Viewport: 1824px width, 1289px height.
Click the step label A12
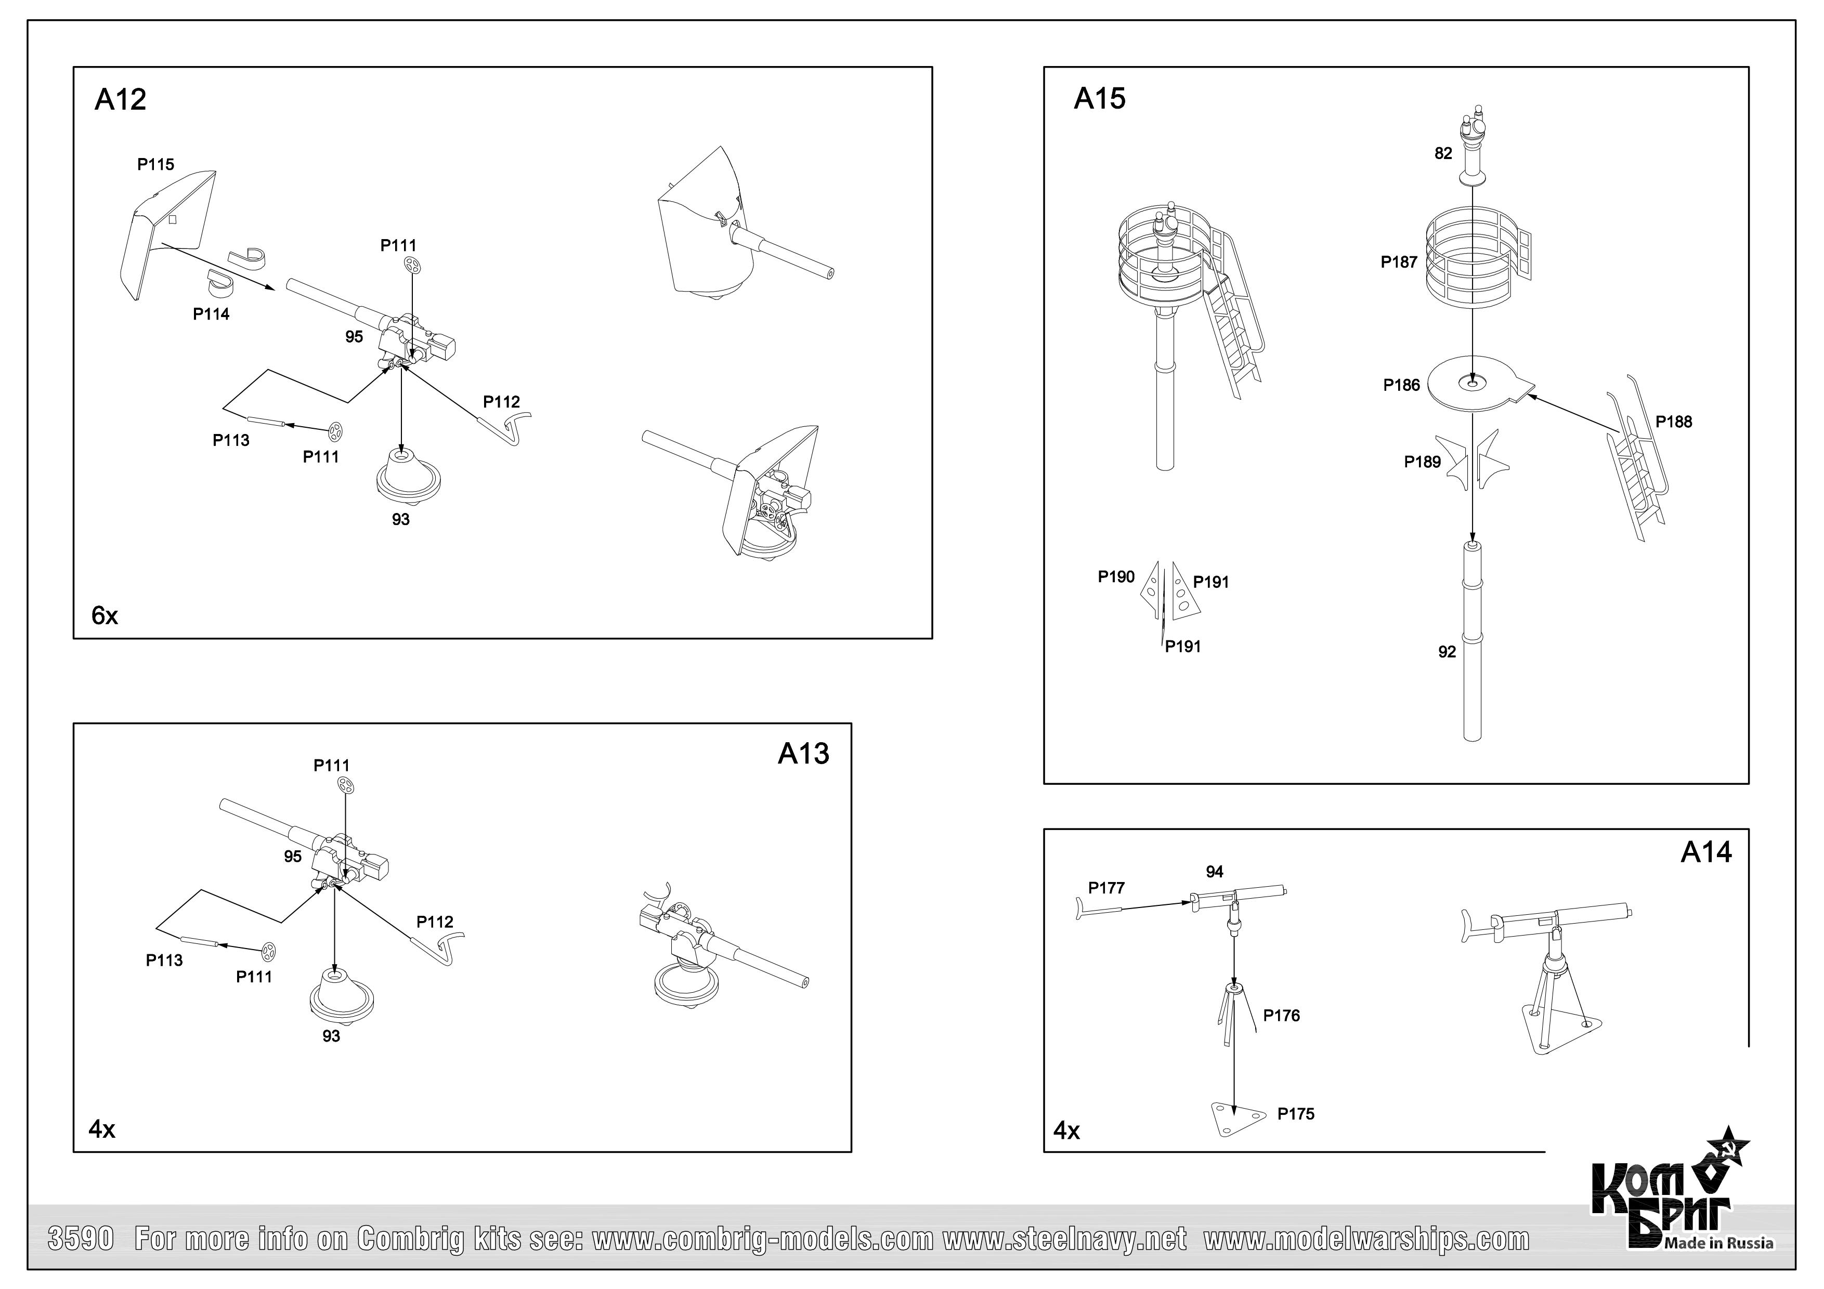coord(120,100)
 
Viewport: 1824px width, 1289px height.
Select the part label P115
coord(155,164)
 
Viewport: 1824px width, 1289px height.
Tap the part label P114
coord(211,314)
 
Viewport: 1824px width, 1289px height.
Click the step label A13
coord(803,754)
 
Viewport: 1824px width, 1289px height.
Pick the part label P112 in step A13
coord(435,922)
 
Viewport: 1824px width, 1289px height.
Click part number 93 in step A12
coord(400,519)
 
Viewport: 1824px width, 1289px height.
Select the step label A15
coord(1100,98)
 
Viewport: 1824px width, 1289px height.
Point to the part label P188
coord(1673,422)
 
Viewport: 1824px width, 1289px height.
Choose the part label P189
coord(1422,462)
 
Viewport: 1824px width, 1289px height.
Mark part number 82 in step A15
coord(1443,153)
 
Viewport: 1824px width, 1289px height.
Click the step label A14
coord(1705,852)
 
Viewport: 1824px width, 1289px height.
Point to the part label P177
coord(1106,888)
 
